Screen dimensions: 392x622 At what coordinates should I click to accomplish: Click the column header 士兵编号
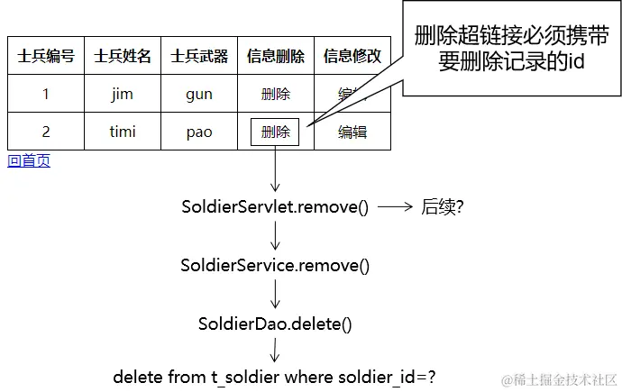tap(46, 56)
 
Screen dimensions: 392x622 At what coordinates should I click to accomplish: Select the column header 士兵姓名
tap(123, 56)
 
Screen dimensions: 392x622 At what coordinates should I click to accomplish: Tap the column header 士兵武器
tap(199, 56)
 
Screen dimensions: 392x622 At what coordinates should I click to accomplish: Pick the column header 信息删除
tap(276, 56)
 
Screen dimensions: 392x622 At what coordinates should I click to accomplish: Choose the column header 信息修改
tap(352, 56)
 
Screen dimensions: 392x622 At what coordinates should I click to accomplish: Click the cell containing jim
tap(123, 94)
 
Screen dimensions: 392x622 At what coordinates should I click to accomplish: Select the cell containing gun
tap(199, 94)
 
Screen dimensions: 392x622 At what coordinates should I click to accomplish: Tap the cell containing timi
tap(123, 132)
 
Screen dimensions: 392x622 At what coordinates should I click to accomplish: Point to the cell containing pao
tap(199, 132)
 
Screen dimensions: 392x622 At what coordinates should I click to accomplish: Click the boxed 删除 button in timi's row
tap(275, 132)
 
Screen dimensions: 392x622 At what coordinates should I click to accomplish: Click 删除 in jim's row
tap(276, 94)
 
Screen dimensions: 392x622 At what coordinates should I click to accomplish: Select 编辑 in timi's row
tap(352, 132)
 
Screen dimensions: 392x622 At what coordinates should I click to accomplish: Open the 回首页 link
tap(29, 160)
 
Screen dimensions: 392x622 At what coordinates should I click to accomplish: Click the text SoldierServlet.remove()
tap(275, 206)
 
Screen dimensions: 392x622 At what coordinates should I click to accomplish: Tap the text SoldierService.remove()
tap(275, 266)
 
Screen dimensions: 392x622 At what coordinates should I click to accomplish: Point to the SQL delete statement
tap(280, 377)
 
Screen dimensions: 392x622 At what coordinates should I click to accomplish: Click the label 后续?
tap(443, 206)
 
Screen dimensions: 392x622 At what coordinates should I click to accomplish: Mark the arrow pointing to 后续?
tap(395, 206)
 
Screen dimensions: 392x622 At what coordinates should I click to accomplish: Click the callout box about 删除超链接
tap(511, 49)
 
